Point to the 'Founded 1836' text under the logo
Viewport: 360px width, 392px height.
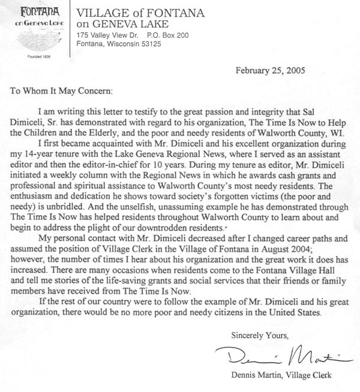tap(31, 57)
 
